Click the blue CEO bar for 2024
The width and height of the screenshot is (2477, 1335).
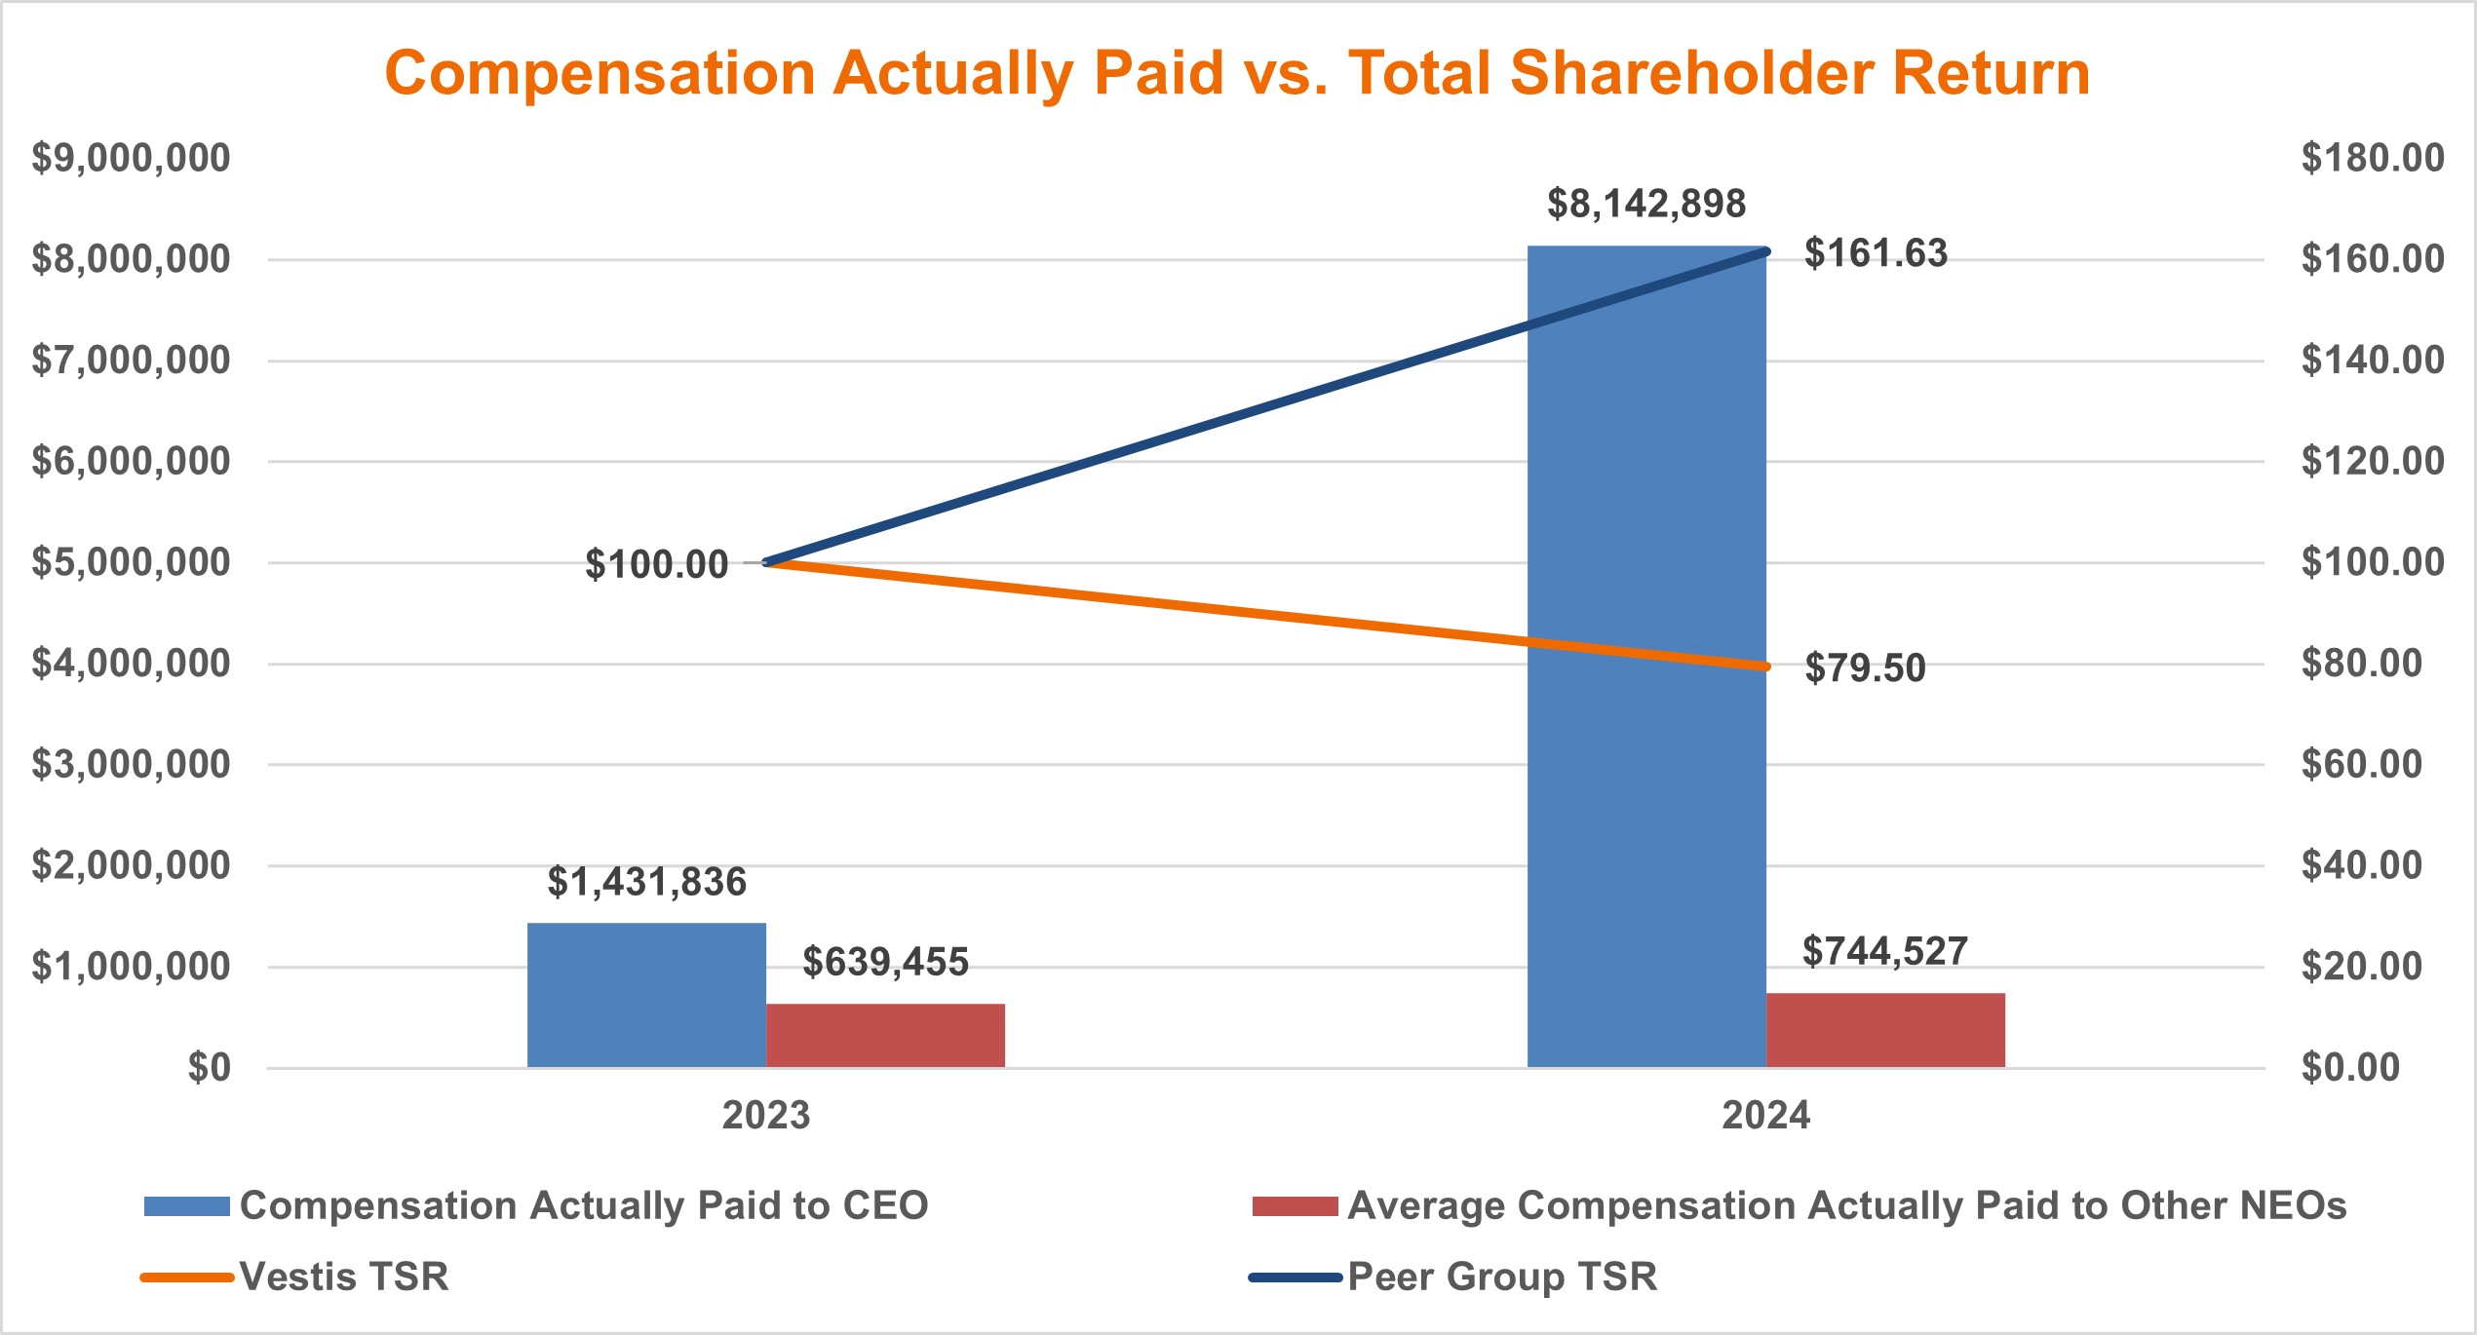tap(1645, 780)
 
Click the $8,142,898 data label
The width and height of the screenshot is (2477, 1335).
tap(1645, 204)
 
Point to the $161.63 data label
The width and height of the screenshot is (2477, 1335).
tap(1875, 253)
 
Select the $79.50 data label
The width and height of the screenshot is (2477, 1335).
tap(1864, 668)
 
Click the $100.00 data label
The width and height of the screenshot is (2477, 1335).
tap(656, 564)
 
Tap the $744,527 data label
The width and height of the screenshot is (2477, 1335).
tap(1884, 951)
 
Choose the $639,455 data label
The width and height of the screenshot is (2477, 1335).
tap(885, 962)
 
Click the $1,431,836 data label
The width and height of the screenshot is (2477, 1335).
tap(646, 882)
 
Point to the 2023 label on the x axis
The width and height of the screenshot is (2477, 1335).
tap(765, 1115)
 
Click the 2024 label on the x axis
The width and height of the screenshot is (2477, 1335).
tap(1765, 1115)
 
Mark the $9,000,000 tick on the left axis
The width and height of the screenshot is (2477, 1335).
tap(131, 158)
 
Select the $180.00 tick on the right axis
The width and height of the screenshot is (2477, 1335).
tap(2372, 158)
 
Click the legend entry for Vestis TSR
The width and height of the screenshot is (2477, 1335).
tap(343, 1277)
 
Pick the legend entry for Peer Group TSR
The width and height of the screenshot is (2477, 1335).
tap(1501, 1277)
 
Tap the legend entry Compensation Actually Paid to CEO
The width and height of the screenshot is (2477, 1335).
tap(583, 1206)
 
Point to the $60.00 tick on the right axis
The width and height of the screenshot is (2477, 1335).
tap(2361, 764)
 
